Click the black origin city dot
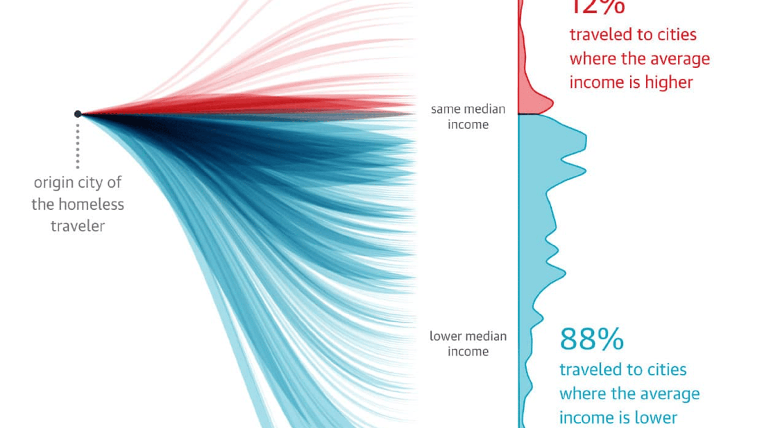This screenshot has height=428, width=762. point(78,114)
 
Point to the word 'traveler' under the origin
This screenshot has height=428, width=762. point(78,226)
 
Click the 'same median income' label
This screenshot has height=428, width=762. point(468,117)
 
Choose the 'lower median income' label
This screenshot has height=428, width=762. point(468,344)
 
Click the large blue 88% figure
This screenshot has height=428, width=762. point(592,339)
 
